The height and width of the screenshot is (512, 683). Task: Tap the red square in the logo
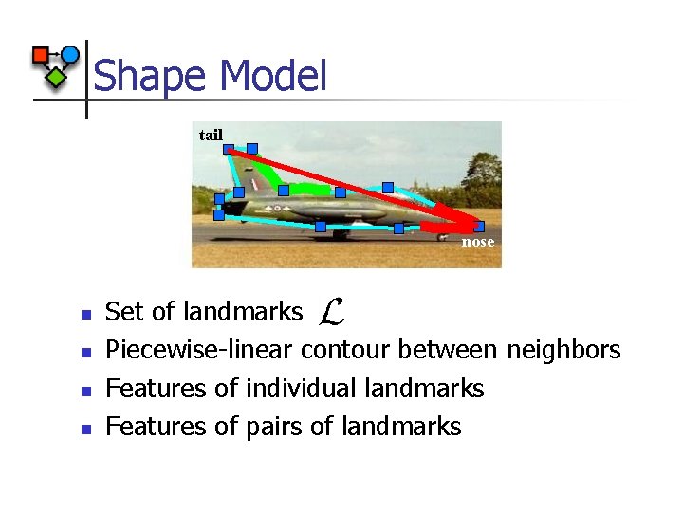[x=41, y=55]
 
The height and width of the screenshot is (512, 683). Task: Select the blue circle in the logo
[x=69, y=54]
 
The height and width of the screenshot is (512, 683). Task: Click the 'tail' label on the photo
[x=211, y=136]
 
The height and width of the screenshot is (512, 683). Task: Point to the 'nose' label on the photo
[x=478, y=242]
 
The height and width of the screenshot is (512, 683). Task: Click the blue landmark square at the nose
[x=479, y=227]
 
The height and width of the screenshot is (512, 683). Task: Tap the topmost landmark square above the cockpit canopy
[x=387, y=188]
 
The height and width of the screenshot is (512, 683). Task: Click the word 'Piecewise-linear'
[x=199, y=351]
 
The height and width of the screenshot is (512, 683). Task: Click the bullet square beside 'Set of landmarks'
[x=84, y=314]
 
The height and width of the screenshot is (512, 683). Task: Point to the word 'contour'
[x=345, y=351]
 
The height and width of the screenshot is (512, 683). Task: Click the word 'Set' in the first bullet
[x=121, y=311]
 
